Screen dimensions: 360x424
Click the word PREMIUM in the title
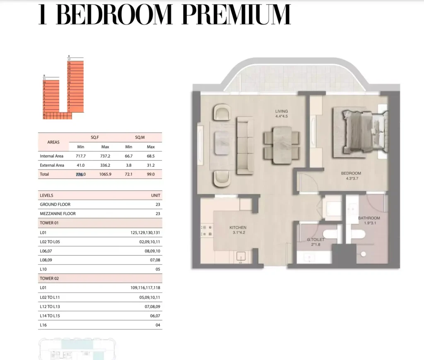(x=236, y=15)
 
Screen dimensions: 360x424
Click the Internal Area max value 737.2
(x=105, y=156)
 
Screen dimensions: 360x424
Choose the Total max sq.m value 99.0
(x=150, y=174)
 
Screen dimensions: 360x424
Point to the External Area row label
(x=52, y=165)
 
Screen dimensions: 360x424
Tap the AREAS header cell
(x=53, y=142)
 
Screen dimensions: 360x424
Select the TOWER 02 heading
(x=49, y=278)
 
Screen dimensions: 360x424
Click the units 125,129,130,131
(x=145, y=233)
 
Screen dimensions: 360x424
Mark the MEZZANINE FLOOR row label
(x=58, y=214)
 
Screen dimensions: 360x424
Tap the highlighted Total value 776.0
(x=81, y=174)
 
